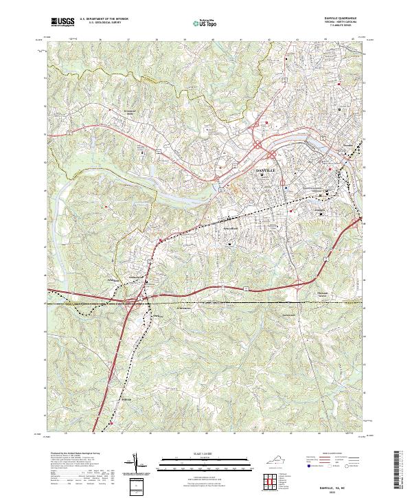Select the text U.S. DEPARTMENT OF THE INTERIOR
pyautogui.click(x=104, y=19)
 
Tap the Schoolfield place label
pyautogui.click(x=231, y=227)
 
